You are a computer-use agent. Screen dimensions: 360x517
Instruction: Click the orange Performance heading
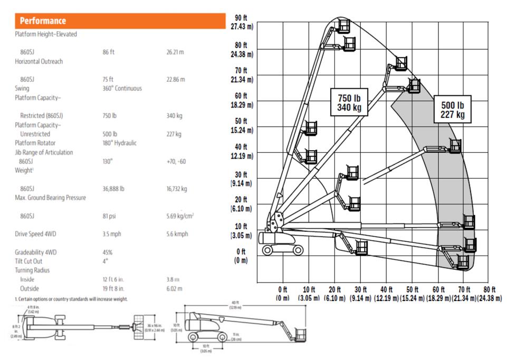tap(43, 21)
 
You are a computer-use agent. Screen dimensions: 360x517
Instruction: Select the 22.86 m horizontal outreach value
tap(176, 79)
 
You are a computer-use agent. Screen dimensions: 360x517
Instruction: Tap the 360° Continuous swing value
tap(122, 88)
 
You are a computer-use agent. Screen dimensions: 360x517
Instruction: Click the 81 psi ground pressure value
tap(110, 216)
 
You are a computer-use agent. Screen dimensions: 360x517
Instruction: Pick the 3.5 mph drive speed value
tap(113, 234)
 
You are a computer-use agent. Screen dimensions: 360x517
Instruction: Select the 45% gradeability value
tap(108, 252)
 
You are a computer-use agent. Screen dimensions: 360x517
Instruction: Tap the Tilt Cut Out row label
tap(28, 261)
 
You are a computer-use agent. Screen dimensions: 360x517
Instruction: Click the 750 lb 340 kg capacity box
tap(349, 101)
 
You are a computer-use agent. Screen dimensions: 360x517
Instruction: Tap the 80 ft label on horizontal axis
tap(489, 294)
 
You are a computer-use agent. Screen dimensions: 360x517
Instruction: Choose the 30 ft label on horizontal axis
tap(360, 294)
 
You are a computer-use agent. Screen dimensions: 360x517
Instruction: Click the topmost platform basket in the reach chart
tap(344, 25)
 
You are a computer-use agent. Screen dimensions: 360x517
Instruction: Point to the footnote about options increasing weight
tap(71, 299)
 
